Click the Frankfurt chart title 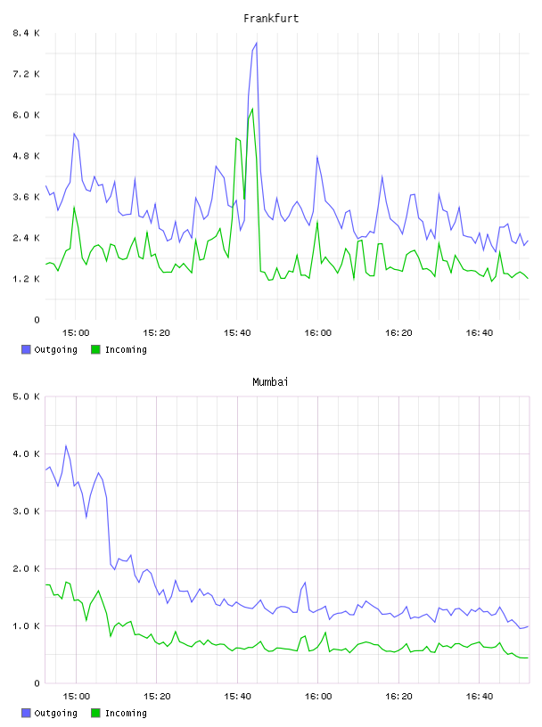pos(271,18)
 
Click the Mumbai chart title pos(270,381)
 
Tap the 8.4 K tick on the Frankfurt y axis pos(26,33)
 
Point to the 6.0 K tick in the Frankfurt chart pos(26,115)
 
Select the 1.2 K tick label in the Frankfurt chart pos(26,279)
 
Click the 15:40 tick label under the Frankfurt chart pos(237,333)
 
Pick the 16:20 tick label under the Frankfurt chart pos(398,333)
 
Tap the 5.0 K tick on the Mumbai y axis pos(26,396)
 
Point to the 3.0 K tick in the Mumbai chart pos(26,511)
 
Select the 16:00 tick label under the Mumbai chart pos(318,697)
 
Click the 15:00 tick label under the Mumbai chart pos(76,697)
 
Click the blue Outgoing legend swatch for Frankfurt pos(26,349)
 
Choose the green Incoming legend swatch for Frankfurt pos(95,349)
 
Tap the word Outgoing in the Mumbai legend pos(55,713)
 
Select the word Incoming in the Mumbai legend pos(126,713)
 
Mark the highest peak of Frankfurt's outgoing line pos(256,43)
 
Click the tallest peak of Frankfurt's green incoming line pos(252,109)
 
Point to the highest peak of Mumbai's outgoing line pos(66,446)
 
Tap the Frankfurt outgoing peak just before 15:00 pos(74,134)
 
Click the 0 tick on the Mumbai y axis pos(37,683)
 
